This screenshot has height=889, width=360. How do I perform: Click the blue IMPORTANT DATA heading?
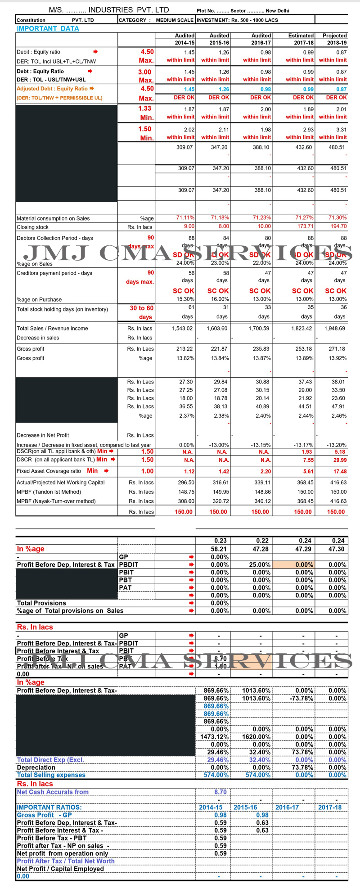click(x=48, y=28)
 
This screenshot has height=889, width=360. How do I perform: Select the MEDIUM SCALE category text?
click(x=175, y=20)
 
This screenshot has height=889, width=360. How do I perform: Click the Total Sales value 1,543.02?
click(x=182, y=329)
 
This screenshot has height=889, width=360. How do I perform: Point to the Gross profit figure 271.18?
click(x=337, y=349)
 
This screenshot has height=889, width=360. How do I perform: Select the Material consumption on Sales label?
click(x=53, y=219)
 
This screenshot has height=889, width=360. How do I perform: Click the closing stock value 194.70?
click(x=338, y=226)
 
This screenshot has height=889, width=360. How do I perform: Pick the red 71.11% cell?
click(x=185, y=218)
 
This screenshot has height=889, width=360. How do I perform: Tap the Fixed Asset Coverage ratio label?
click(x=49, y=471)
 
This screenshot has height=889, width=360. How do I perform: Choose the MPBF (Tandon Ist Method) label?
click(x=49, y=492)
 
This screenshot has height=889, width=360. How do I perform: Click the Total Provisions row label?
click(x=41, y=603)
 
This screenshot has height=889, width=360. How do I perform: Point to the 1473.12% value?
click(x=214, y=737)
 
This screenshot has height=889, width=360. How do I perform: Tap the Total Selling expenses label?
click(x=51, y=775)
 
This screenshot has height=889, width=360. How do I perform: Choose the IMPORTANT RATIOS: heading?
click(x=49, y=808)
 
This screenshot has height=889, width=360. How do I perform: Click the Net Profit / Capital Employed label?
click(x=60, y=869)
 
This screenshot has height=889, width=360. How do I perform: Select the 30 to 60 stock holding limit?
click(x=141, y=308)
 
